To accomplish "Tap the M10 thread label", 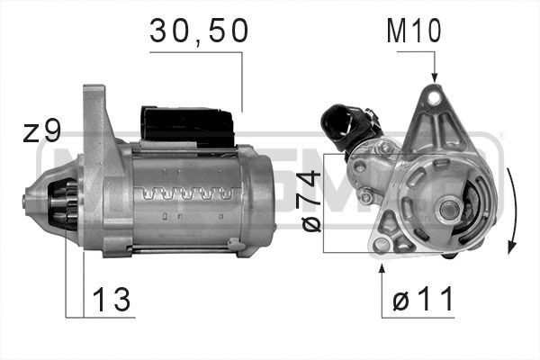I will click(414, 32).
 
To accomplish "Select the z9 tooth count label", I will click(41, 133).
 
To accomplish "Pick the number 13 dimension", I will click(111, 301).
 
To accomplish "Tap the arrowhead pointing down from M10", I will click(434, 77).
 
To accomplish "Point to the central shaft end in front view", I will click(448, 209).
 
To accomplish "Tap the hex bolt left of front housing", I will click(367, 196).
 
